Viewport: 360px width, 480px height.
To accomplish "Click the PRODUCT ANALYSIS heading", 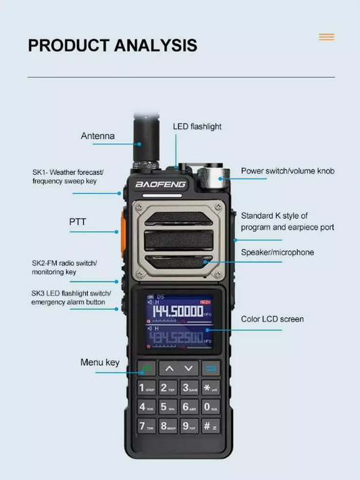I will (x=112, y=46).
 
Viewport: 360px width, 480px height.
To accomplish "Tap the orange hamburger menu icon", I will (x=326, y=37).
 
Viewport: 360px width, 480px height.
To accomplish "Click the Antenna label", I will (x=98, y=136).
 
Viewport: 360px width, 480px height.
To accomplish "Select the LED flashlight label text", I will (x=197, y=126).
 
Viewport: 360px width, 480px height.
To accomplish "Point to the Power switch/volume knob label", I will (x=288, y=171).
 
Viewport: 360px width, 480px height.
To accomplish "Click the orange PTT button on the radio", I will (x=125, y=229).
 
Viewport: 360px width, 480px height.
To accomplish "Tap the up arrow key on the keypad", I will (x=169, y=369).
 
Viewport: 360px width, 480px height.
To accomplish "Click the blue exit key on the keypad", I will (x=211, y=369).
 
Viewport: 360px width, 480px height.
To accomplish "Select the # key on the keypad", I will (x=210, y=427).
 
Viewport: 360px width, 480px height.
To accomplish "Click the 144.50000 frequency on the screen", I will (x=177, y=311).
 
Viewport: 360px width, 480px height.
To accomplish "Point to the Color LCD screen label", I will (x=272, y=319).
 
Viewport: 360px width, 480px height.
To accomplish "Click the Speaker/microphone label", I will (x=277, y=252).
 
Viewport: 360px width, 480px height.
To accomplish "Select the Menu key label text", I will (x=100, y=363).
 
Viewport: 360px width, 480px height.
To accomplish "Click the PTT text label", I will (x=78, y=221).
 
